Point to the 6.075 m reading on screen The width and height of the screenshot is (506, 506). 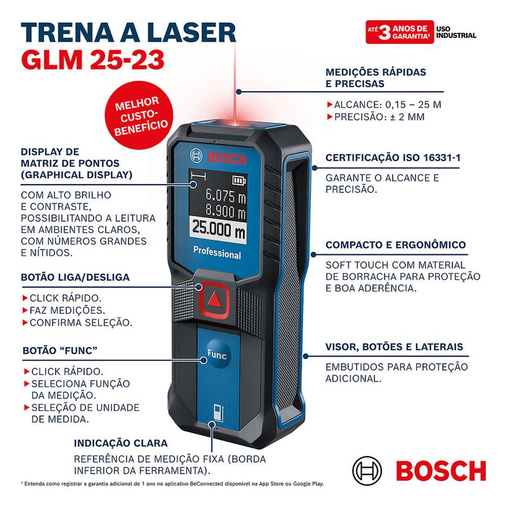(225, 195)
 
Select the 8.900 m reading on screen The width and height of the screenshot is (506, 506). (225, 211)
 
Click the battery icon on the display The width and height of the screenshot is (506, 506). (238, 178)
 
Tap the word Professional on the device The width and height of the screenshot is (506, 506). (217, 254)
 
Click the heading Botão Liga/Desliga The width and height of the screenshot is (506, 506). (75, 277)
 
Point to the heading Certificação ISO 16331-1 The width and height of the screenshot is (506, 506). (392, 158)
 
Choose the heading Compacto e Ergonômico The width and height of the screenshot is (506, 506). (395, 245)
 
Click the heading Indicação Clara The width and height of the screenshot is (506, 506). (121, 443)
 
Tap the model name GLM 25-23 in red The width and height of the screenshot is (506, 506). (93, 60)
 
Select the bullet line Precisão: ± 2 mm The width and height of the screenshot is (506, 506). (379, 117)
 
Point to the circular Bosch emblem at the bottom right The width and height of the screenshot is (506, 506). (369, 471)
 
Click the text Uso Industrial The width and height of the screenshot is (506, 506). (456, 32)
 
